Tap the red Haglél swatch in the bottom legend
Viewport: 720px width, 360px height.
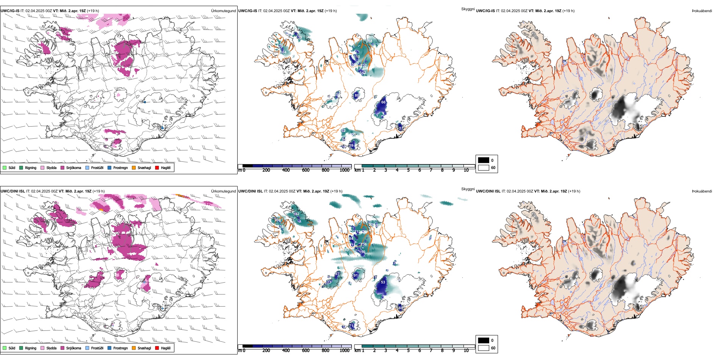[157, 348]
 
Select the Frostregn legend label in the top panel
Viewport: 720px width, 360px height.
[121, 167]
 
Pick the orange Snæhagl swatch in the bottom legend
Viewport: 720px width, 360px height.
[134, 348]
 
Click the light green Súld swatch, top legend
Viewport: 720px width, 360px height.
[5, 167]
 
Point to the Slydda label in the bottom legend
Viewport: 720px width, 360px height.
[51, 348]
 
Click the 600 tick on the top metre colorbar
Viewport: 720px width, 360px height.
[306, 170]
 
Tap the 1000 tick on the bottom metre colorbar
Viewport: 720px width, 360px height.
[344, 351]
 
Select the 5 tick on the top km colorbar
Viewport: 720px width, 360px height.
[409, 170]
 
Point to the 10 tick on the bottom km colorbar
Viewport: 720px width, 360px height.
[466, 351]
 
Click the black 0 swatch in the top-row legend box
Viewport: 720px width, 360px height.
[484, 160]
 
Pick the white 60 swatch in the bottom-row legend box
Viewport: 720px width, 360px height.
[484, 348]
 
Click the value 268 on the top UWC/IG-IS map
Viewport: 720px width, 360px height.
[369, 41]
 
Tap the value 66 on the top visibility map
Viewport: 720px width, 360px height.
[383, 102]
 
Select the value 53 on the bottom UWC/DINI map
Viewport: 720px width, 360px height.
[383, 282]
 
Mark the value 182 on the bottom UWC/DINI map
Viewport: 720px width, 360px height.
[296, 214]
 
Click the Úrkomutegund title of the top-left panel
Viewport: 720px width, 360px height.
[223, 11]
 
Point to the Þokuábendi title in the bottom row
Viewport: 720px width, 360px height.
[702, 191]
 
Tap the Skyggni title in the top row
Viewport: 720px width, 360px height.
[468, 9]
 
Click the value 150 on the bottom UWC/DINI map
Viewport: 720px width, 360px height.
[362, 252]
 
